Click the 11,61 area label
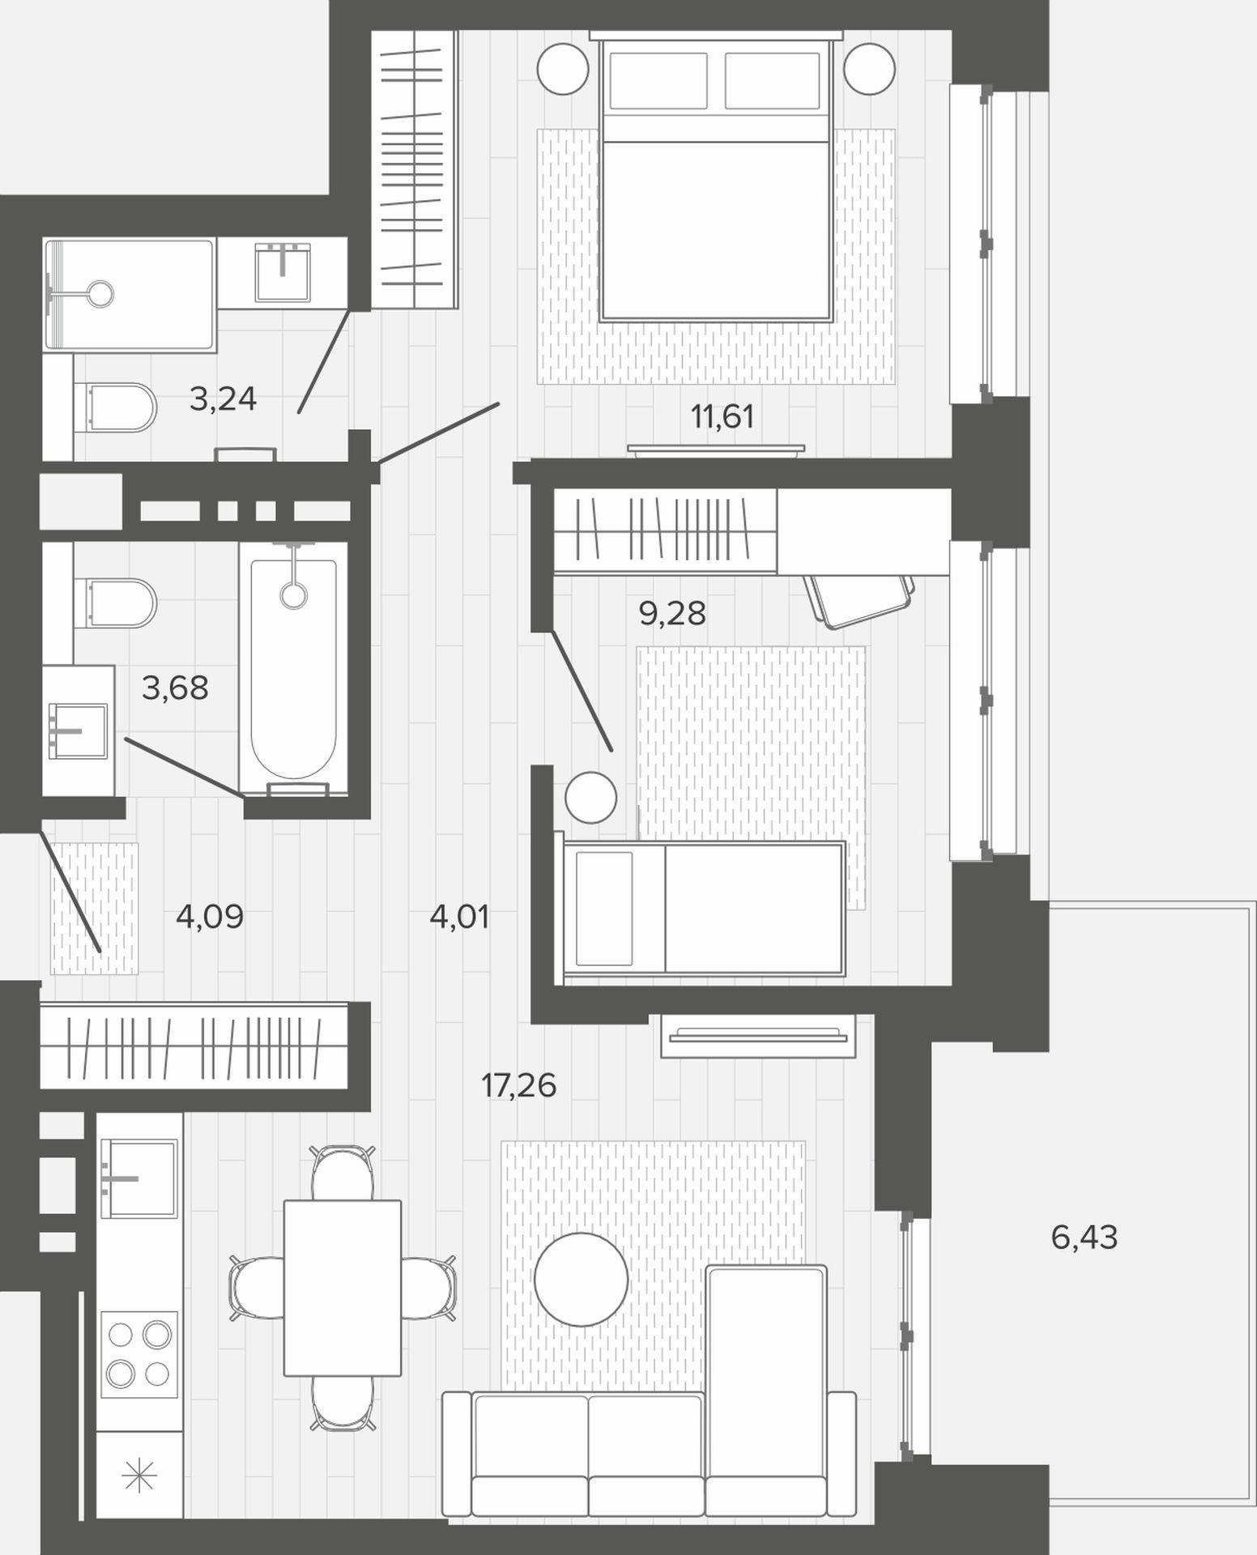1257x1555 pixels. click(722, 417)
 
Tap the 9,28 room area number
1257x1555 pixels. click(672, 614)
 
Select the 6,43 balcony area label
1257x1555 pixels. click(1084, 1237)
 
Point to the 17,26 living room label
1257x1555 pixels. click(518, 1085)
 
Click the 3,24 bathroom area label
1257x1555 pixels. click(223, 398)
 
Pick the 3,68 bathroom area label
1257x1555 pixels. click(175, 688)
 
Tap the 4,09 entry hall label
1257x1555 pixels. click(210, 917)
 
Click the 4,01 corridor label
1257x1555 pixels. click(459, 918)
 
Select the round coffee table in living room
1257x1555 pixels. click(582, 1279)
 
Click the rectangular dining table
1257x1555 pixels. click(343, 1288)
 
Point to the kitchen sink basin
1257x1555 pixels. click(138, 1178)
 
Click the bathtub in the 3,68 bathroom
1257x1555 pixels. click(293, 669)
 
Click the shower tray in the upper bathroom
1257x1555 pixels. click(130, 295)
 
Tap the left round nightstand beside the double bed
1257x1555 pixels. click(563, 69)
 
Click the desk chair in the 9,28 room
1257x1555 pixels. click(860, 599)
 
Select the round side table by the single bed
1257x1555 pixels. click(590, 798)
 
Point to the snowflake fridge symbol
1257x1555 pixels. click(138, 1476)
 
